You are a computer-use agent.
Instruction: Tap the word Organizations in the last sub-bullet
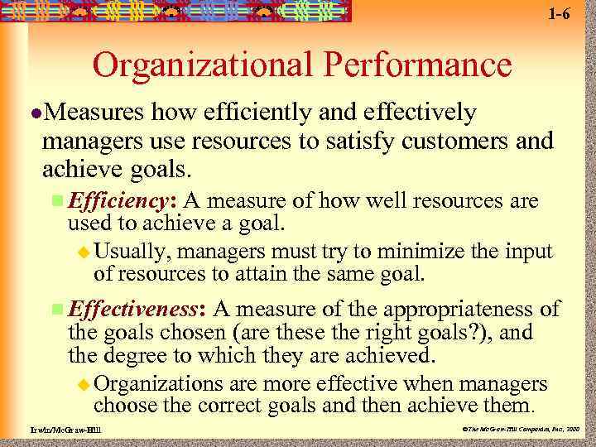pos(158,384)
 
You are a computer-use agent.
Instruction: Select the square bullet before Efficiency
pos(56,201)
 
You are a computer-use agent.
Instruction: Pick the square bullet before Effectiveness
pos(56,310)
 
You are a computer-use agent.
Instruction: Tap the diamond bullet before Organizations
pos(82,384)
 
